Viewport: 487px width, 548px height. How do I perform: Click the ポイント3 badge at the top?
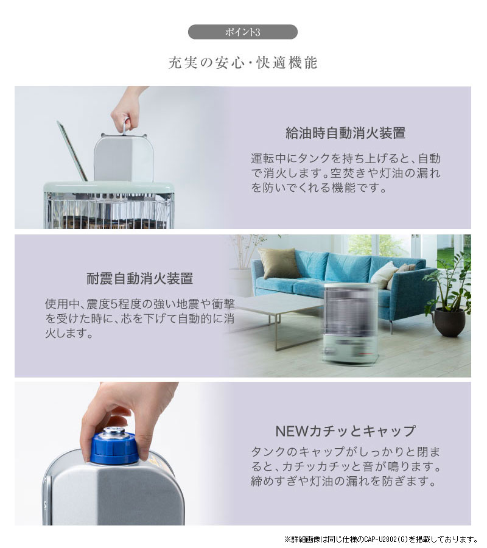click(x=242, y=32)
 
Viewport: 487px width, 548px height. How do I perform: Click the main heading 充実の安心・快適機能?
click(x=243, y=63)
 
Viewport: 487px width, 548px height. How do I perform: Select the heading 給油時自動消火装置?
click(x=346, y=133)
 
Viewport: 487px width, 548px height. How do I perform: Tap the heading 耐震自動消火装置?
click(x=140, y=279)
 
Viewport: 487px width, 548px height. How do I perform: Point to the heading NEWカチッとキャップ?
click(x=346, y=431)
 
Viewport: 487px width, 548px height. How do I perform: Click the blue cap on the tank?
click(x=114, y=448)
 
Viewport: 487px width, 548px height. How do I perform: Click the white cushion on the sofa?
click(x=384, y=275)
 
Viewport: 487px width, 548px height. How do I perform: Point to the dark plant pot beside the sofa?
click(x=450, y=322)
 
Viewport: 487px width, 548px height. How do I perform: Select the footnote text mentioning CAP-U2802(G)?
click(x=381, y=539)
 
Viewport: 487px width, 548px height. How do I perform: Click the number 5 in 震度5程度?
click(x=114, y=304)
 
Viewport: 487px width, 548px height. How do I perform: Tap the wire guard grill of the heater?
click(x=108, y=213)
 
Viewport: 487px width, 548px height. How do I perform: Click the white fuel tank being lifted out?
click(x=124, y=157)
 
